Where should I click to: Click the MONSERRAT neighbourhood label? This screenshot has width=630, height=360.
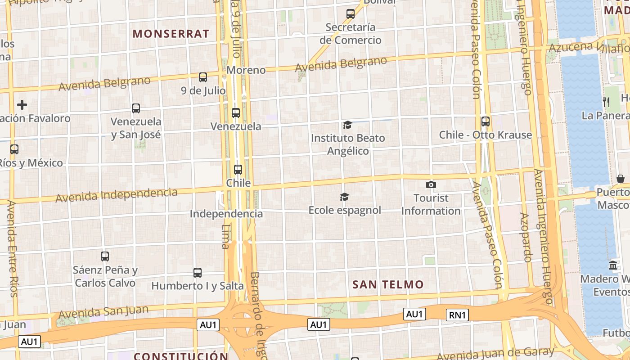tap(171, 34)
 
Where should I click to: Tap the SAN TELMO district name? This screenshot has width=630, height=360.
tap(388, 284)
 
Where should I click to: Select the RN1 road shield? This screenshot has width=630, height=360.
tap(457, 315)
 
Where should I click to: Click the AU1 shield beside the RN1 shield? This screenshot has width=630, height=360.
tap(414, 314)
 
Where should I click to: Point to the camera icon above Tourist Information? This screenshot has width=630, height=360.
tap(431, 184)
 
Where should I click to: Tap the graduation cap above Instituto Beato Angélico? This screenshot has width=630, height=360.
tap(347, 125)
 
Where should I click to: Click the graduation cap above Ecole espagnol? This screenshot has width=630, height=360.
tap(344, 197)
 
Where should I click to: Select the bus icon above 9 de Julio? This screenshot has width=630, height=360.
tap(203, 77)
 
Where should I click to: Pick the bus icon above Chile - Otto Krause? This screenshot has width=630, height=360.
tap(485, 121)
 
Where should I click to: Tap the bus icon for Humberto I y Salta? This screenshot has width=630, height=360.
tap(197, 272)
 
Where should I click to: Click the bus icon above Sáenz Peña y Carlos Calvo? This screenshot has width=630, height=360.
tap(105, 256)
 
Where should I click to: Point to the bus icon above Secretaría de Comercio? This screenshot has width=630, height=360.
tap(350, 14)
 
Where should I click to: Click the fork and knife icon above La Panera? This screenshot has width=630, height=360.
tap(606, 102)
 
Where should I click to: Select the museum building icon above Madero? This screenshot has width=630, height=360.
tap(613, 265)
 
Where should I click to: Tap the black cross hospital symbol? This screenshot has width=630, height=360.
tap(22, 105)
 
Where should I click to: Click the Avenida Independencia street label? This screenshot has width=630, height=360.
tap(117, 195)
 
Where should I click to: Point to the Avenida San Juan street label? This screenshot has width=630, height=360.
tap(103, 311)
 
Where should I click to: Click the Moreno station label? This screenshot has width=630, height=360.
tap(246, 70)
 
